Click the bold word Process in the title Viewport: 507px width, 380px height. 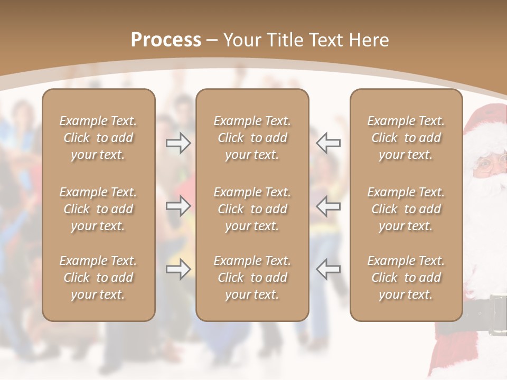pos(166,40)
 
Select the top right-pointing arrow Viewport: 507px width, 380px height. pos(178,143)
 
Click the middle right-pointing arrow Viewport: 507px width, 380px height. pos(178,206)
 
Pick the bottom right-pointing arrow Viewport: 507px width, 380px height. pos(178,269)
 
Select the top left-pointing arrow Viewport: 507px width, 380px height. pos(328,143)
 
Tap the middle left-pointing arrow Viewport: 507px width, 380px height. pos(328,206)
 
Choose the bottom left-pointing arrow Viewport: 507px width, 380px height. pos(328,269)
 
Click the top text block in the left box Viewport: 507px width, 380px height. pos(98,138)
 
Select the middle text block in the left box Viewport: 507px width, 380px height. pos(98,209)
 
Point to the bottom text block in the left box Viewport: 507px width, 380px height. pos(98,278)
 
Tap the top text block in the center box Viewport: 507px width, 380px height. pos(252,138)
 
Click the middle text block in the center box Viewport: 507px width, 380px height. pos(252,209)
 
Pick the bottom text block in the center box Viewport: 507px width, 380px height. pos(252,278)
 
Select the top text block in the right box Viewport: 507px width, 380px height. pos(406,138)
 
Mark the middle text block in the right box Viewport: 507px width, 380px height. pos(406,209)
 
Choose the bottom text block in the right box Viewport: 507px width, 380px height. pos(406,278)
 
